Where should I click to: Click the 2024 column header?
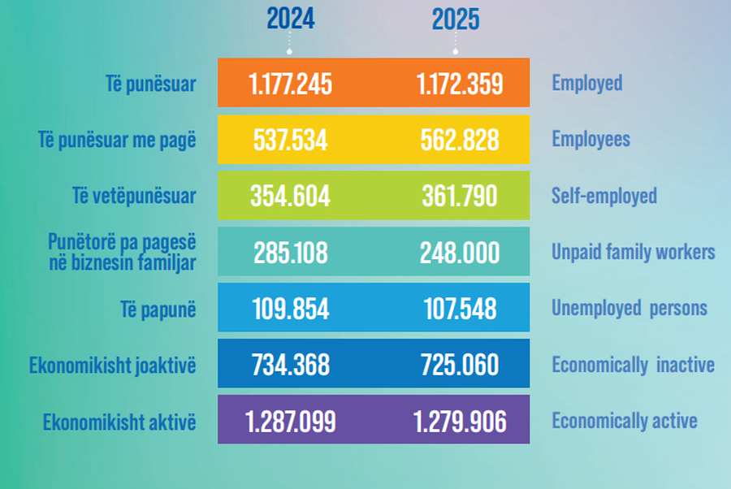click(x=291, y=19)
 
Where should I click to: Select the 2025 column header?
click(x=456, y=19)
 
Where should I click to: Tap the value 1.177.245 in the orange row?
click(x=291, y=84)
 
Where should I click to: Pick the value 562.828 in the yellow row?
click(x=460, y=140)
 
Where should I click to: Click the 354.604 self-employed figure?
click(x=291, y=196)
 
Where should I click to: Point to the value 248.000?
click(x=460, y=253)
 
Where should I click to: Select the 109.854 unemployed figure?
click(x=291, y=309)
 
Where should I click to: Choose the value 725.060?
click(x=460, y=365)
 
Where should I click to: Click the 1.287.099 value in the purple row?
click(x=291, y=422)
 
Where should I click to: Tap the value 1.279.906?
click(x=460, y=422)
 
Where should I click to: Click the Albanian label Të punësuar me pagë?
click(x=117, y=141)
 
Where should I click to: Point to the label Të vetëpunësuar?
click(x=134, y=196)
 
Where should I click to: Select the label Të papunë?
click(x=158, y=309)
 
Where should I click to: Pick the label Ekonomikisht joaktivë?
click(x=113, y=366)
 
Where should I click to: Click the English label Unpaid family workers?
click(x=634, y=252)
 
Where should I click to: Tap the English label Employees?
click(x=591, y=140)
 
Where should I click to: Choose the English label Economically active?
click(x=625, y=421)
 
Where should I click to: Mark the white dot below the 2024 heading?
click(x=289, y=52)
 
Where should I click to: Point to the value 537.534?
click(x=291, y=140)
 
